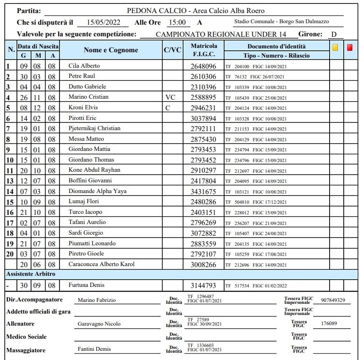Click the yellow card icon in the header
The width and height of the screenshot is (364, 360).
335,47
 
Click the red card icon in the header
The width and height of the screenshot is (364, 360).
350,47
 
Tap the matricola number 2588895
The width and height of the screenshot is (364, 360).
203,97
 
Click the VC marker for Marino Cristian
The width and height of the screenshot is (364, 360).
171,97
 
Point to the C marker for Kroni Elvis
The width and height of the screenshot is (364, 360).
167,107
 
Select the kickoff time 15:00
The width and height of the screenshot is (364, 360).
177,22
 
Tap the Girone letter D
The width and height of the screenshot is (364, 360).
334,34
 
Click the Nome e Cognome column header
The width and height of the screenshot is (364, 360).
111,50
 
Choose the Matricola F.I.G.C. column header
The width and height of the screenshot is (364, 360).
203,50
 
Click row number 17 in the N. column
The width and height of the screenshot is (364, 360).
9,223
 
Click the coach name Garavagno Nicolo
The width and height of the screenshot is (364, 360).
99,324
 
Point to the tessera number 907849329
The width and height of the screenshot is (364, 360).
329,300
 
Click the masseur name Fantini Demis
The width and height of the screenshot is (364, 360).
94,349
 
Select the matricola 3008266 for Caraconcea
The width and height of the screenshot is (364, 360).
203,264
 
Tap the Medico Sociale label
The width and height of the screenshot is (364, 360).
26,336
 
